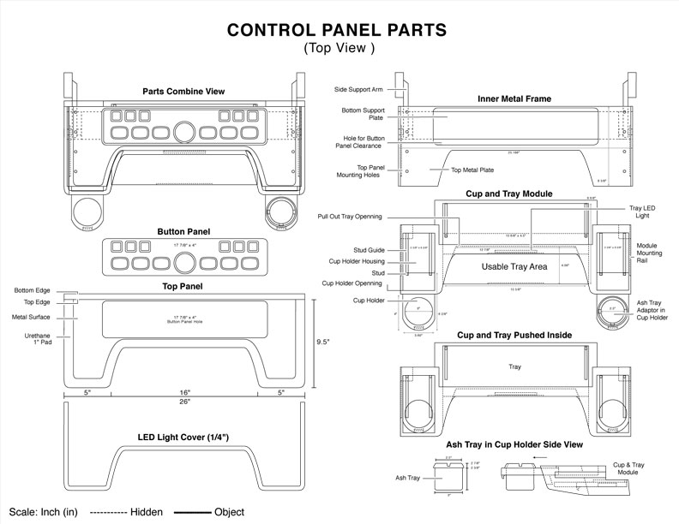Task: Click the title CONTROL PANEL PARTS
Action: (x=336, y=31)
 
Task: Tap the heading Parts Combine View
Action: (x=184, y=91)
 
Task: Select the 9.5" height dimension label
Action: (x=322, y=341)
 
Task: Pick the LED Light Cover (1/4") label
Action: (x=185, y=438)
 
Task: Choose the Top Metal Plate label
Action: (x=472, y=170)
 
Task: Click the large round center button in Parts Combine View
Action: (x=184, y=132)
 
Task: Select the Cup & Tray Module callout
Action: (x=629, y=468)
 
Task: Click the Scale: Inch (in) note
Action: (x=39, y=511)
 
